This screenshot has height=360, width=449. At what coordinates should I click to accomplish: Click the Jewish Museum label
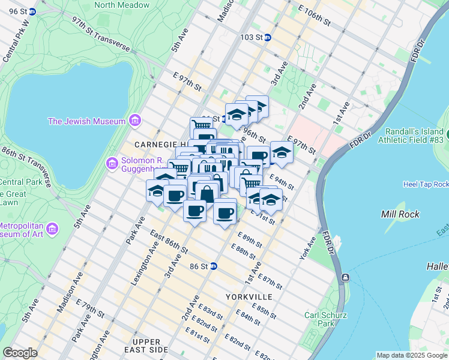[x=86, y=121]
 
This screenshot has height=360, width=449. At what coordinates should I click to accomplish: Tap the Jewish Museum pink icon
[x=134, y=121]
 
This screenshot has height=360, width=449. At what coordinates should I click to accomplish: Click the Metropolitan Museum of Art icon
[x=52, y=229]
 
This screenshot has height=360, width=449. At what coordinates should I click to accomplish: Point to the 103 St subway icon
[x=268, y=37]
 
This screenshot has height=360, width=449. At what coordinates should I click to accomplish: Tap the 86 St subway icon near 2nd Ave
[x=213, y=266]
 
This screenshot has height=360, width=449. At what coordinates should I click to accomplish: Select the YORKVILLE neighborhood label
[x=249, y=297]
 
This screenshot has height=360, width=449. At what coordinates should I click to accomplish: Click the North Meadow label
[x=122, y=5]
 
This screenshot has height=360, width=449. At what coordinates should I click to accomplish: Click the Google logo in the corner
[x=20, y=353]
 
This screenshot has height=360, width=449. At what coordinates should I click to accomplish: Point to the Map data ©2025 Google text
[x=412, y=355]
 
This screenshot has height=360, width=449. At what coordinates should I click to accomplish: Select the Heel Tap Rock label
[x=426, y=184]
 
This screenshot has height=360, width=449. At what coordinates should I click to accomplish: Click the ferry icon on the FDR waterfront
[x=346, y=278]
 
